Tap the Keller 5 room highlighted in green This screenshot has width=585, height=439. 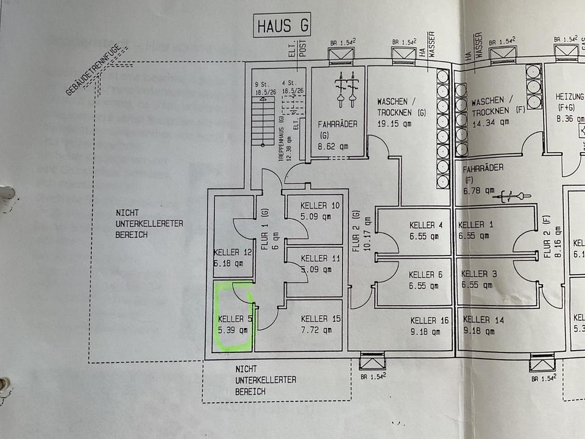233,316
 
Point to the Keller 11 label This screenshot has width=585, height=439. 320,259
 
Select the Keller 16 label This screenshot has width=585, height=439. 430,321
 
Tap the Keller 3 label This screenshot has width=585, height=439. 478,274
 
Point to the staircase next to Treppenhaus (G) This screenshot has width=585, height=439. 263,122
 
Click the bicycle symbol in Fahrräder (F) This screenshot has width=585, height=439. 506,196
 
